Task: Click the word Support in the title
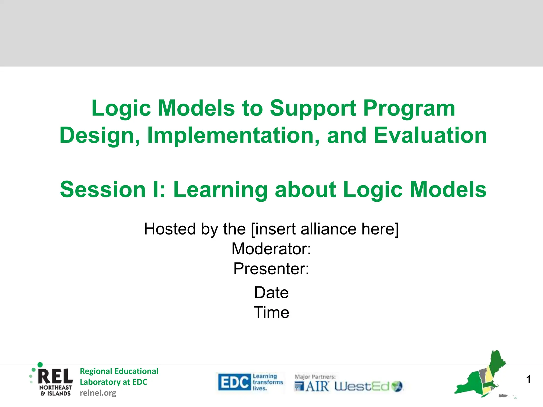click(313, 108)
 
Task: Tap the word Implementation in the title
click(233, 135)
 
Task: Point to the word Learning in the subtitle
click(220, 189)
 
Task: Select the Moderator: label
click(271, 249)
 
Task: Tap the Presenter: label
click(271, 269)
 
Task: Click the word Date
click(271, 293)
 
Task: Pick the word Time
click(271, 312)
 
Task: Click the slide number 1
click(528, 379)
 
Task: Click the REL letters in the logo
click(55, 376)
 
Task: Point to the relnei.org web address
click(98, 393)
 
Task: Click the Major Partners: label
click(315, 377)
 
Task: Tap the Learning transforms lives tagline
click(267, 382)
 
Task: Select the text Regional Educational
click(119, 371)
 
